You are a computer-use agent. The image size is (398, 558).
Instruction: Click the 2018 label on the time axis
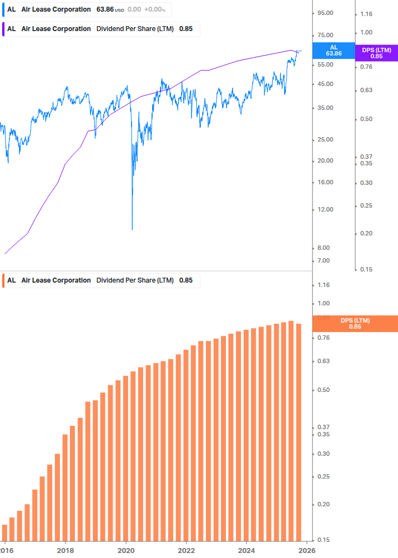click(66, 550)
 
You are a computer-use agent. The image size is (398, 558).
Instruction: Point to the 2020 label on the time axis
click(126, 550)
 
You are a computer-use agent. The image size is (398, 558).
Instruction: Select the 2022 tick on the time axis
click(187, 550)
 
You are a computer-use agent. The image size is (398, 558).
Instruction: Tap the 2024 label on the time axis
click(246, 550)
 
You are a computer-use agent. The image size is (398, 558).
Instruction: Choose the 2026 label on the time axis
click(307, 550)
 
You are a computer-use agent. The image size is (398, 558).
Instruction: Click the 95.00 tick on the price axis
click(325, 13)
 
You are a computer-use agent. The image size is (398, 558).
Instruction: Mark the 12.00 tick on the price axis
click(325, 209)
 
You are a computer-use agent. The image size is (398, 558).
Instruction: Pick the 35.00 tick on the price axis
click(325, 108)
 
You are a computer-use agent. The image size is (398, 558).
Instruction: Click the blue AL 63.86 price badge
click(333, 51)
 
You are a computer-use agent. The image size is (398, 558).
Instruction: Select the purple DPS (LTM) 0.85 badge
click(376, 53)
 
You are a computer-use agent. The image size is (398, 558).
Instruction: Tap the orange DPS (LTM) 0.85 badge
click(355, 323)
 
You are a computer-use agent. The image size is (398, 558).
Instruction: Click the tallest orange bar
click(291, 430)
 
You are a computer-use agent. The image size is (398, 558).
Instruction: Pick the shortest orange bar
click(4, 532)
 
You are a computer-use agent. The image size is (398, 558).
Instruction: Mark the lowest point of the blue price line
click(132, 229)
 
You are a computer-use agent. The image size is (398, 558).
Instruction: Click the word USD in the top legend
click(119, 10)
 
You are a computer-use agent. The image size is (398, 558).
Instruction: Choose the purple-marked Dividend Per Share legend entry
click(100, 29)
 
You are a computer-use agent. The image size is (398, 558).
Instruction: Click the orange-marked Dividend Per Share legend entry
click(100, 280)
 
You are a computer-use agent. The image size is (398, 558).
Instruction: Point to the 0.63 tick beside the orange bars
click(323, 361)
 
